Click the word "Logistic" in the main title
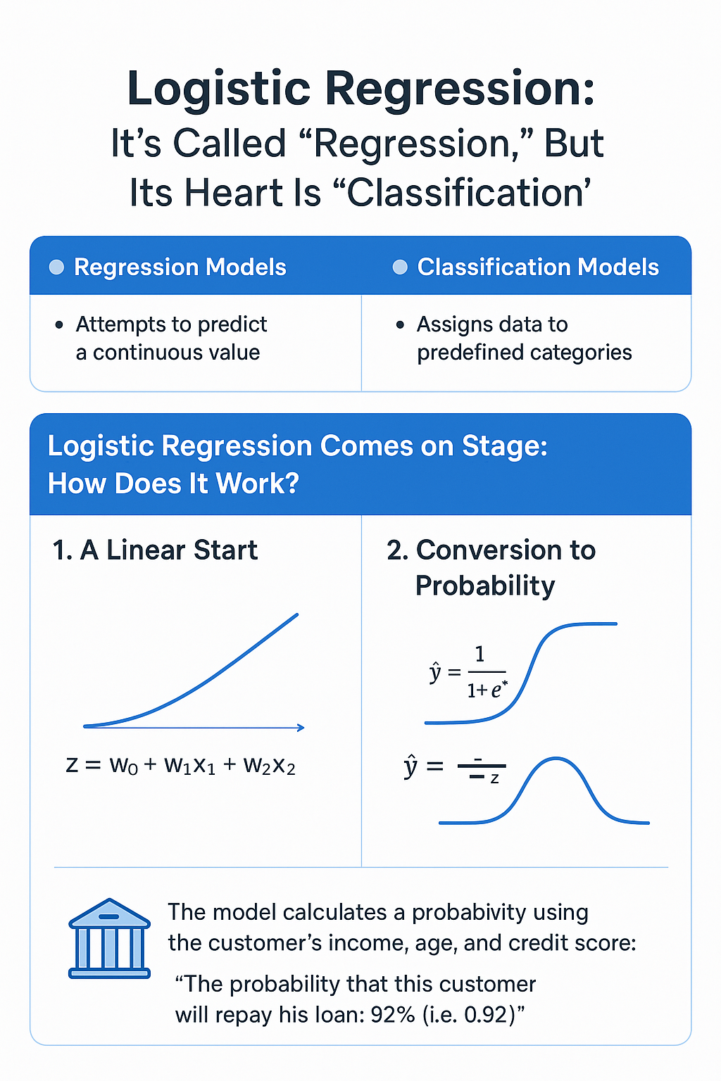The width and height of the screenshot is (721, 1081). pyautogui.click(x=219, y=90)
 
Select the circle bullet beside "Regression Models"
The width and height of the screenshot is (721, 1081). pyautogui.click(x=56, y=267)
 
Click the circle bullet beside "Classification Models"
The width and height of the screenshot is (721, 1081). pyautogui.click(x=400, y=267)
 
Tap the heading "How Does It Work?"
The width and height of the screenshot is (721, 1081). pyautogui.click(x=173, y=483)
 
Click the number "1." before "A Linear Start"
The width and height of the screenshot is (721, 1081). pyautogui.click(x=63, y=550)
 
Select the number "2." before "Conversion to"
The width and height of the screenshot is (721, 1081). pyautogui.click(x=398, y=550)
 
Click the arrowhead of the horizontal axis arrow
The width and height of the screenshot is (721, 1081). pyautogui.click(x=301, y=728)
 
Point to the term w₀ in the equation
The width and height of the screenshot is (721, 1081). pyautogui.click(x=124, y=766)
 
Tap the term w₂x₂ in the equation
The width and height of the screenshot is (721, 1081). pyautogui.click(x=269, y=766)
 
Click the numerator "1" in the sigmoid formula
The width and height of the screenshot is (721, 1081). pyautogui.click(x=479, y=655)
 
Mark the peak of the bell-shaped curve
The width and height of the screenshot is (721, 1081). pyautogui.click(x=557, y=759)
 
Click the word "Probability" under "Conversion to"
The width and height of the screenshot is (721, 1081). pyautogui.click(x=485, y=586)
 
